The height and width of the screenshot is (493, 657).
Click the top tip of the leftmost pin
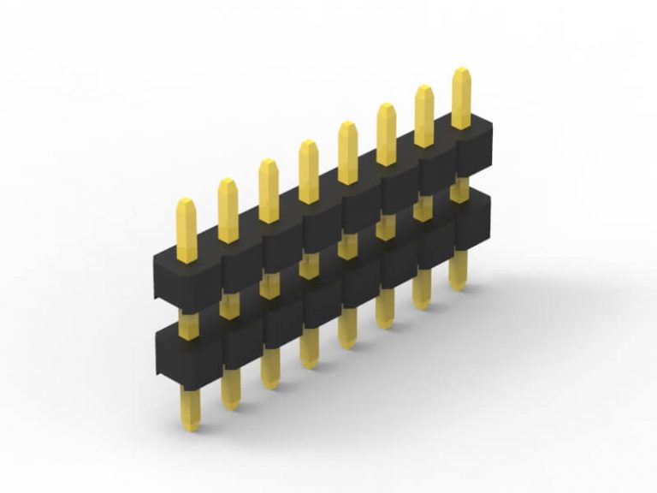pos(186,202)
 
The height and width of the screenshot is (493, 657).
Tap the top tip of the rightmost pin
pos(461,71)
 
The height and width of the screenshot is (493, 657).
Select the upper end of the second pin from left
pos(228,181)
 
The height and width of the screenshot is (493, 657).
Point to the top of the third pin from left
pos(269,163)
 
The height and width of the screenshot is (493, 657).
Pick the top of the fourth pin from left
pos(308,144)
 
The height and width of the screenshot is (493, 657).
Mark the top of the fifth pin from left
pos(347,125)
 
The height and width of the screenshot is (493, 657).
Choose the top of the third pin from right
pos(386,107)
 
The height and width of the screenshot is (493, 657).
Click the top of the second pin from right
pos(424,89)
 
